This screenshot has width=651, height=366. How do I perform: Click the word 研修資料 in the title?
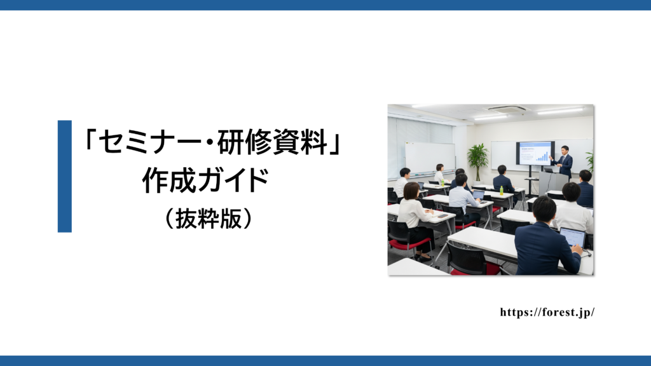272,142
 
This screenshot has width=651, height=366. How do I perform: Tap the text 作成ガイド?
205,180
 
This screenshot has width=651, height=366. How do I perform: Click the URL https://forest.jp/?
547,312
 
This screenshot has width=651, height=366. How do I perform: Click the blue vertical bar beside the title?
65,177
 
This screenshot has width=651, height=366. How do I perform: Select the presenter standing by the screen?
563,162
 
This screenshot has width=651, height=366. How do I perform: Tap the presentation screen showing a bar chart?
535,153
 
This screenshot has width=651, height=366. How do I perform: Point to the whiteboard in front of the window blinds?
430,158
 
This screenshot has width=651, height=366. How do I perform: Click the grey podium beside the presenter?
553,182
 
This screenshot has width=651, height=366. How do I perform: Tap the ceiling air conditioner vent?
507,109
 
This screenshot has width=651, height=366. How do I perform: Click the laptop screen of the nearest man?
573,238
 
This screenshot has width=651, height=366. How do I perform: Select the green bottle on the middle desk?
502,191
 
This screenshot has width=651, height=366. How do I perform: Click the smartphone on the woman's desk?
442,216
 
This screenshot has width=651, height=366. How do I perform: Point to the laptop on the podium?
549,170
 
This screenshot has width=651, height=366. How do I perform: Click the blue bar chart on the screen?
542,156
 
